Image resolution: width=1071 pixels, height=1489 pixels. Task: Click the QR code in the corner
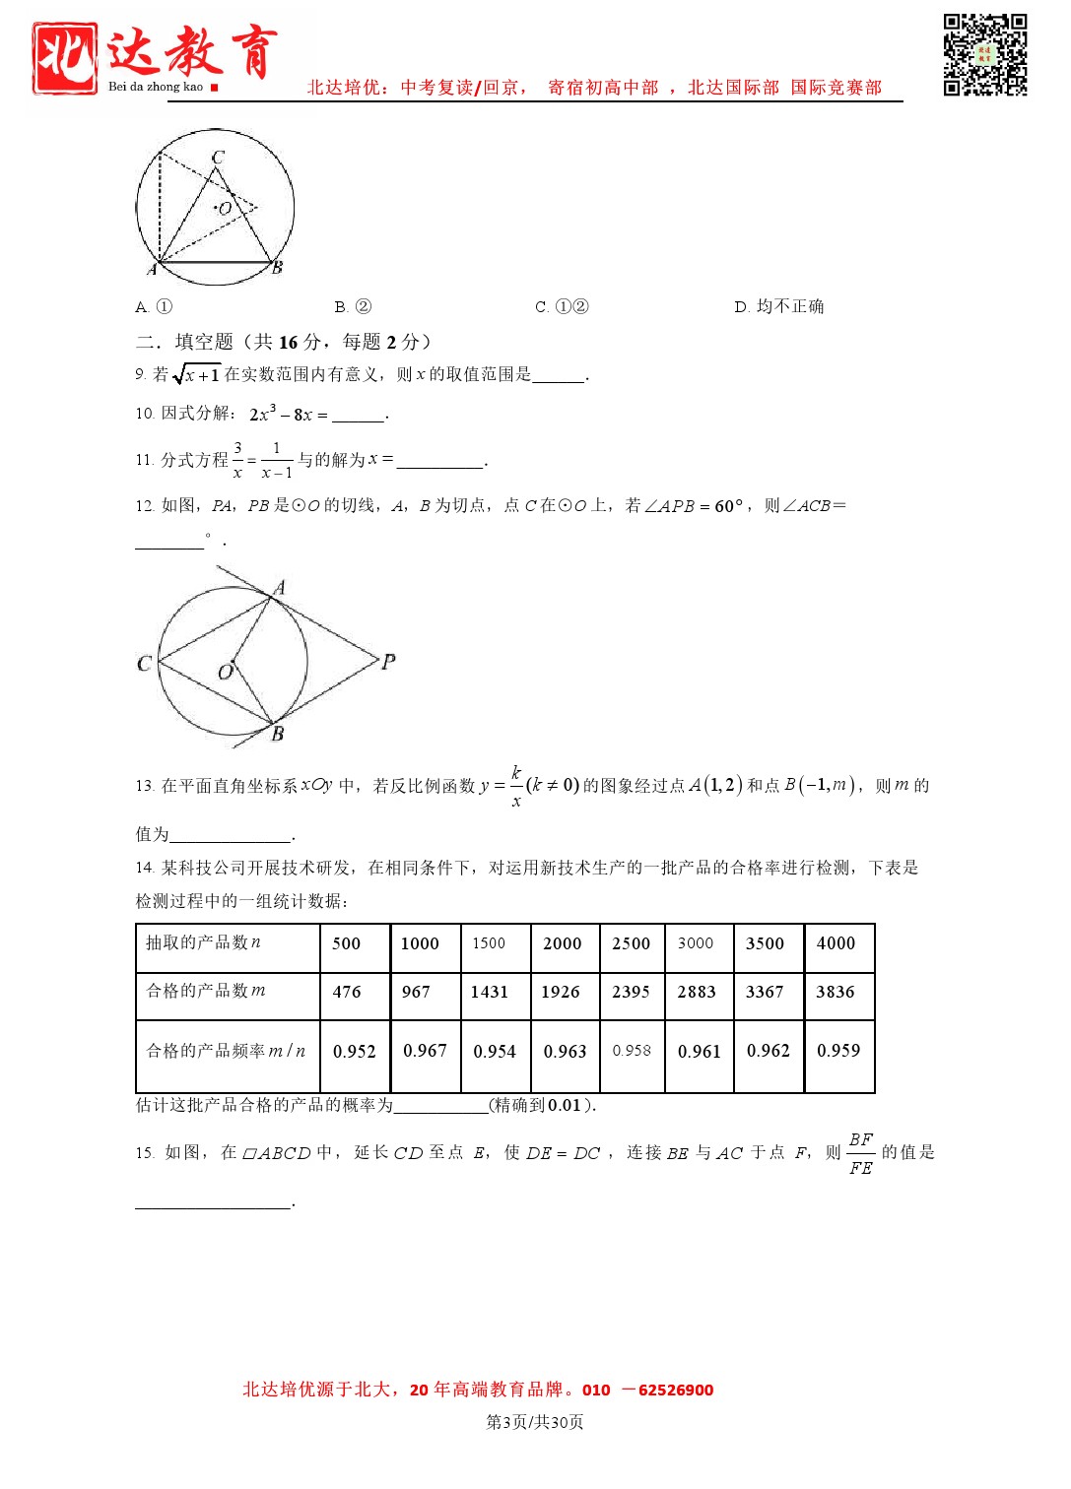coord(984,54)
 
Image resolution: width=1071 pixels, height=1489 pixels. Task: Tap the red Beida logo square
coord(65,58)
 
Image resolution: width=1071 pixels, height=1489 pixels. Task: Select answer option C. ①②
coord(562,307)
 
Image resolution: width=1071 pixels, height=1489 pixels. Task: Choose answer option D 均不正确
coord(778,307)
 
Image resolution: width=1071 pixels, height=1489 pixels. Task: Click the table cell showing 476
coord(347,992)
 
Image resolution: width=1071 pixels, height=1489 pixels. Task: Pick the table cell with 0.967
coord(425,1051)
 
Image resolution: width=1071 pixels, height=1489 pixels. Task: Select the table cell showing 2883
coord(697,992)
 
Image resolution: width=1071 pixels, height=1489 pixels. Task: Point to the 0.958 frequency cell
coord(632,1051)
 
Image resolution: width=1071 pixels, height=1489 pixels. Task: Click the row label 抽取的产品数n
coord(204,942)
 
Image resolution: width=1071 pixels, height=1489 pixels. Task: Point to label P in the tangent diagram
coord(389,662)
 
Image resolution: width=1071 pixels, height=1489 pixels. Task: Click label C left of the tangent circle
coord(145,663)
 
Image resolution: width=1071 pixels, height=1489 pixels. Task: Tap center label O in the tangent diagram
coord(225,673)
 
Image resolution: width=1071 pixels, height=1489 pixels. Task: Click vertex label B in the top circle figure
coord(278,267)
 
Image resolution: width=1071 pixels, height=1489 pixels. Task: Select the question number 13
coord(144,786)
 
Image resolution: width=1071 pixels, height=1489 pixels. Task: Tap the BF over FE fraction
coord(860,1153)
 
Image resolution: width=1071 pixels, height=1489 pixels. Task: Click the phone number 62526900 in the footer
coord(675,1391)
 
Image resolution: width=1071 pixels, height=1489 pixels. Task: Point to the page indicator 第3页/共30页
coord(535,1422)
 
